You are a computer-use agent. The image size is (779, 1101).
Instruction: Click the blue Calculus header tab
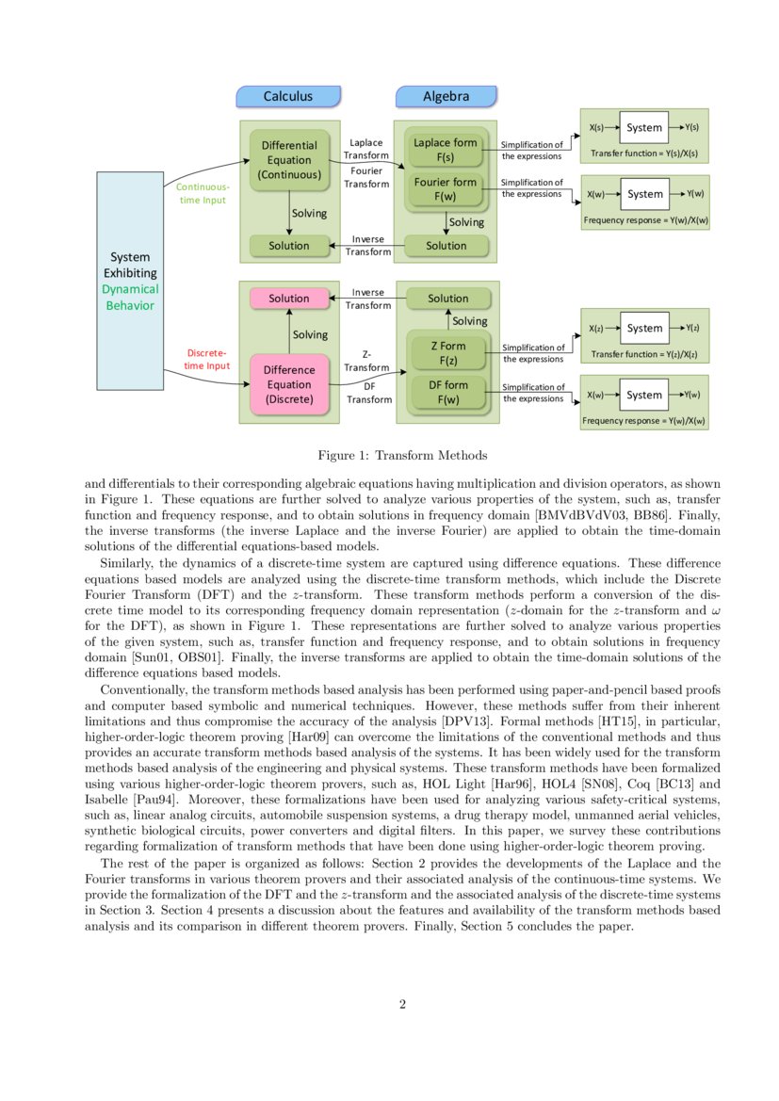[x=287, y=96]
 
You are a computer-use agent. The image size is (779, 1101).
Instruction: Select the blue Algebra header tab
[x=446, y=96]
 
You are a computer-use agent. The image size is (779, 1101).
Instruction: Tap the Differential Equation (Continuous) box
[x=289, y=160]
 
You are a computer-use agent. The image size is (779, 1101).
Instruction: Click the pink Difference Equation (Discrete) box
[x=289, y=383]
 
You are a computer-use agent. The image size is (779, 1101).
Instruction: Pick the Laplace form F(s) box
[x=446, y=150]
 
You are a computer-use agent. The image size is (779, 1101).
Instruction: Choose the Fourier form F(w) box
[x=446, y=189]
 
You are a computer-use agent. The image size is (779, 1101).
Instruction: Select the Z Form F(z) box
[x=447, y=353]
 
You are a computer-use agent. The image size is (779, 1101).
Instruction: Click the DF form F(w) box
[x=447, y=392]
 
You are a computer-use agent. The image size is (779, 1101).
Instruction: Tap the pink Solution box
[x=289, y=299]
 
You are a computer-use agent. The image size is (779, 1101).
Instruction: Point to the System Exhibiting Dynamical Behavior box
[x=130, y=281]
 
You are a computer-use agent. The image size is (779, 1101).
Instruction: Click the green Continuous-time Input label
[x=203, y=193]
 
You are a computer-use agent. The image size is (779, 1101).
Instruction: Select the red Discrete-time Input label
[x=206, y=359]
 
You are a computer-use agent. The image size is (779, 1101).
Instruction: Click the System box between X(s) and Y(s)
[x=644, y=127]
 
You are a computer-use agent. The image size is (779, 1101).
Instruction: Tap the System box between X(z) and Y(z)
[x=644, y=328]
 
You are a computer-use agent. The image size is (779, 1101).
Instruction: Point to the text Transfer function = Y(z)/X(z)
[x=644, y=355]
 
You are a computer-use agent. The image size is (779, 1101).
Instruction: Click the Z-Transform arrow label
[x=366, y=361]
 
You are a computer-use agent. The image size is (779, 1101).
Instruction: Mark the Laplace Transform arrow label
[x=366, y=149]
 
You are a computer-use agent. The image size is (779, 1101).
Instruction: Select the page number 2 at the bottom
[x=402, y=1004]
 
